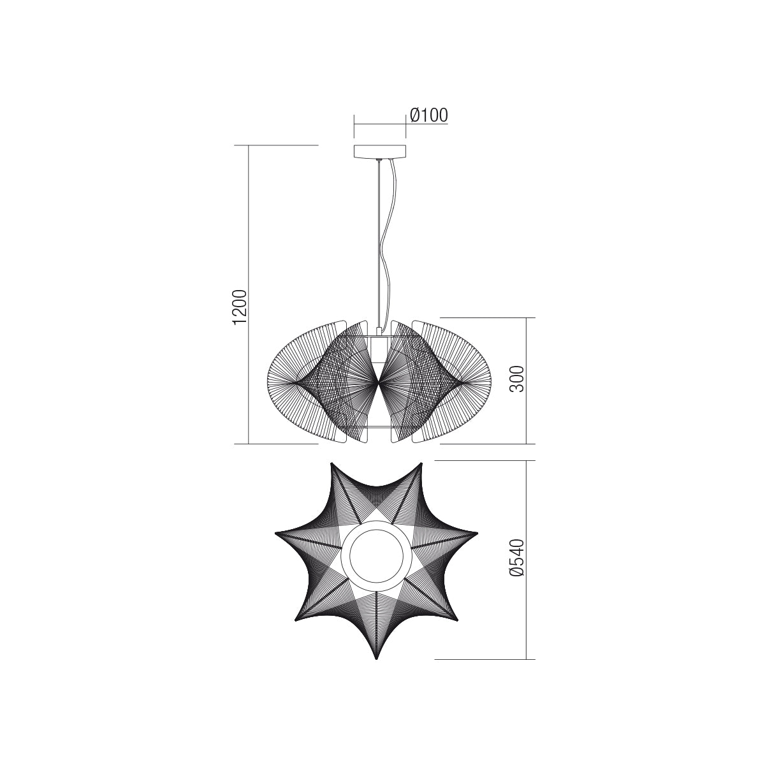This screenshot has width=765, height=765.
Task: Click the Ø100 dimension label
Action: [x=429, y=115]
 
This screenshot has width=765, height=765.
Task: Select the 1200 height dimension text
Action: [x=240, y=308]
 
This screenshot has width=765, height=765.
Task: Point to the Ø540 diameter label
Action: [x=517, y=558]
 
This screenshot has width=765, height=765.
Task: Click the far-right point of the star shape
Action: [x=477, y=533]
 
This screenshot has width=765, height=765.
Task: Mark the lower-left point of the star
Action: [x=295, y=620]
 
